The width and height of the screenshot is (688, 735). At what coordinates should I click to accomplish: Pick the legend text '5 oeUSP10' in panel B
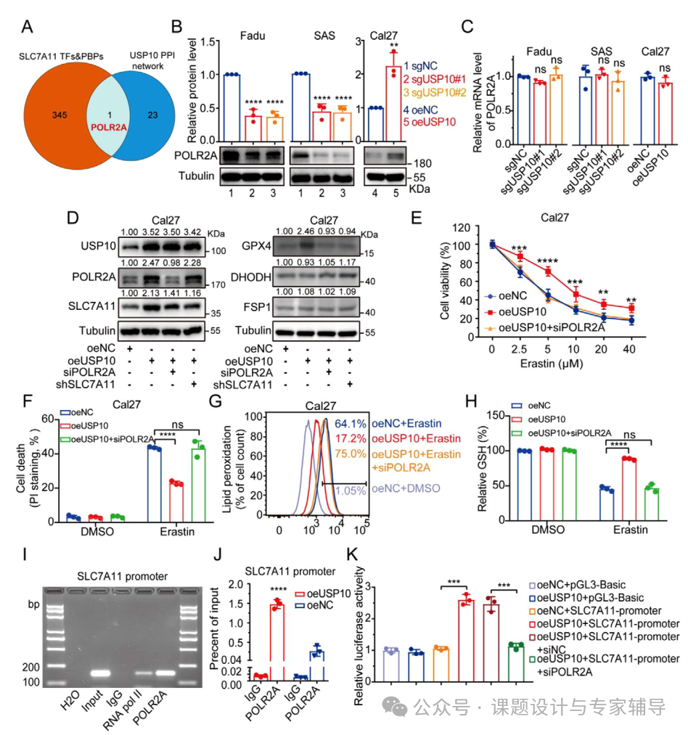click(x=431, y=122)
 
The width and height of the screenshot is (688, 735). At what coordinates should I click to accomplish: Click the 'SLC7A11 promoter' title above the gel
click(x=122, y=576)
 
